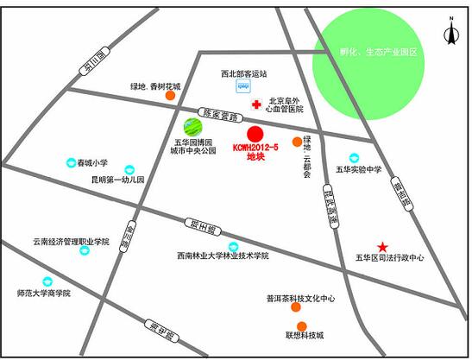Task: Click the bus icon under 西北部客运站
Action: [x=242, y=87]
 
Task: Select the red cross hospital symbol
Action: [x=255, y=105]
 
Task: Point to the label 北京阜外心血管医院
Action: [x=286, y=105]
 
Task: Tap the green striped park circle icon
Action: [x=192, y=127]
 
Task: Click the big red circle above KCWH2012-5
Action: [x=255, y=134]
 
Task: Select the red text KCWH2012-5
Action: [x=256, y=148]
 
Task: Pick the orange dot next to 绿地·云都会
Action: [x=298, y=142]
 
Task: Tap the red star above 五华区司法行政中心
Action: [x=383, y=247]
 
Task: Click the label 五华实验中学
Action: [x=358, y=169]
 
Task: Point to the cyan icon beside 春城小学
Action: [x=71, y=162]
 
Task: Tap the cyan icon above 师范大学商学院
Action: [x=47, y=281]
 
